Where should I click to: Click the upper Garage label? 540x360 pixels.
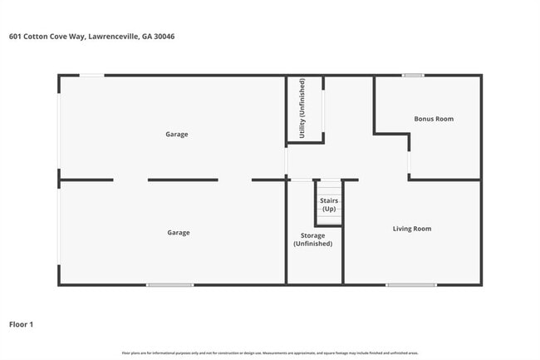pyautogui.click(x=176, y=134)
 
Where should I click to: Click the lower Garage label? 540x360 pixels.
pyautogui.click(x=178, y=233)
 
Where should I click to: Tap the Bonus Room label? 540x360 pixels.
pyautogui.click(x=434, y=119)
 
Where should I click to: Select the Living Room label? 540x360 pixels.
pyautogui.click(x=412, y=229)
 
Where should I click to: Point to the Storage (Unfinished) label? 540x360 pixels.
pyautogui.click(x=312, y=240)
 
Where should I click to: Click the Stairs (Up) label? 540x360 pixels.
pyautogui.click(x=329, y=205)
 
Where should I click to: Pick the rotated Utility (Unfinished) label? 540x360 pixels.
pyautogui.click(x=302, y=109)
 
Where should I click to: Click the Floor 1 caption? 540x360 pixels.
pyautogui.click(x=22, y=324)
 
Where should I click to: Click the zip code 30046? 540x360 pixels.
pyautogui.click(x=164, y=37)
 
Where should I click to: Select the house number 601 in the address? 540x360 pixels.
pyautogui.click(x=14, y=37)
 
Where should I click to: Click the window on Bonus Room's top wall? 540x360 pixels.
pyautogui.click(x=413, y=76)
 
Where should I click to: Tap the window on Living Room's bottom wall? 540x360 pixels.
pyautogui.click(x=410, y=285)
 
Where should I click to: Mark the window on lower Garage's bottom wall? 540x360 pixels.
pyautogui.click(x=170, y=285)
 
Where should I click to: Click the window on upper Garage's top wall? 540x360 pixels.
pyautogui.click(x=91, y=76)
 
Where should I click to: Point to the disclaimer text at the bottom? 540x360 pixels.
pyautogui.click(x=269, y=353)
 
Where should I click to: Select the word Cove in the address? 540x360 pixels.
pyautogui.click(x=56, y=37)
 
